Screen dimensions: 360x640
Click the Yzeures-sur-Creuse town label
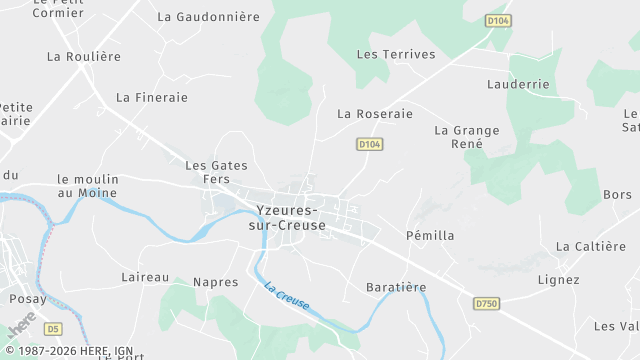click(x=287, y=218)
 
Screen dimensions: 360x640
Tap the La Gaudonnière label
click(x=208, y=17)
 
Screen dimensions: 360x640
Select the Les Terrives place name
click(x=396, y=54)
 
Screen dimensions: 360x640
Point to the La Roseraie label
click(x=375, y=114)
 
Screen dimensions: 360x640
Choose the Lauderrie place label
click(x=518, y=86)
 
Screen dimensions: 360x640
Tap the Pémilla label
click(x=430, y=236)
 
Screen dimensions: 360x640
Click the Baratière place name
click(x=396, y=287)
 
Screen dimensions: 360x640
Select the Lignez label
click(x=558, y=279)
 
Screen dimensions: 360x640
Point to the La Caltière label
click(x=590, y=246)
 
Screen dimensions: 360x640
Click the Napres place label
click(x=216, y=282)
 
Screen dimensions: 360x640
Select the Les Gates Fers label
click(x=216, y=171)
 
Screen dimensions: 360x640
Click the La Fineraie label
click(x=152, y=98)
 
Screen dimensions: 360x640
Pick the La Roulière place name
click(x=84, y=57)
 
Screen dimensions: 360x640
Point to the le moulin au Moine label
click(x=87, y=185)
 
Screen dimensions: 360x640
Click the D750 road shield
click(x=486, y=303)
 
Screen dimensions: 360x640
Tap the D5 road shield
click(x=53, y=328)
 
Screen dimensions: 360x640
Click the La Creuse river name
click(x=287, y=296)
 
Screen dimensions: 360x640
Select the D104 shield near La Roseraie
click(x=370, y=145)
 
